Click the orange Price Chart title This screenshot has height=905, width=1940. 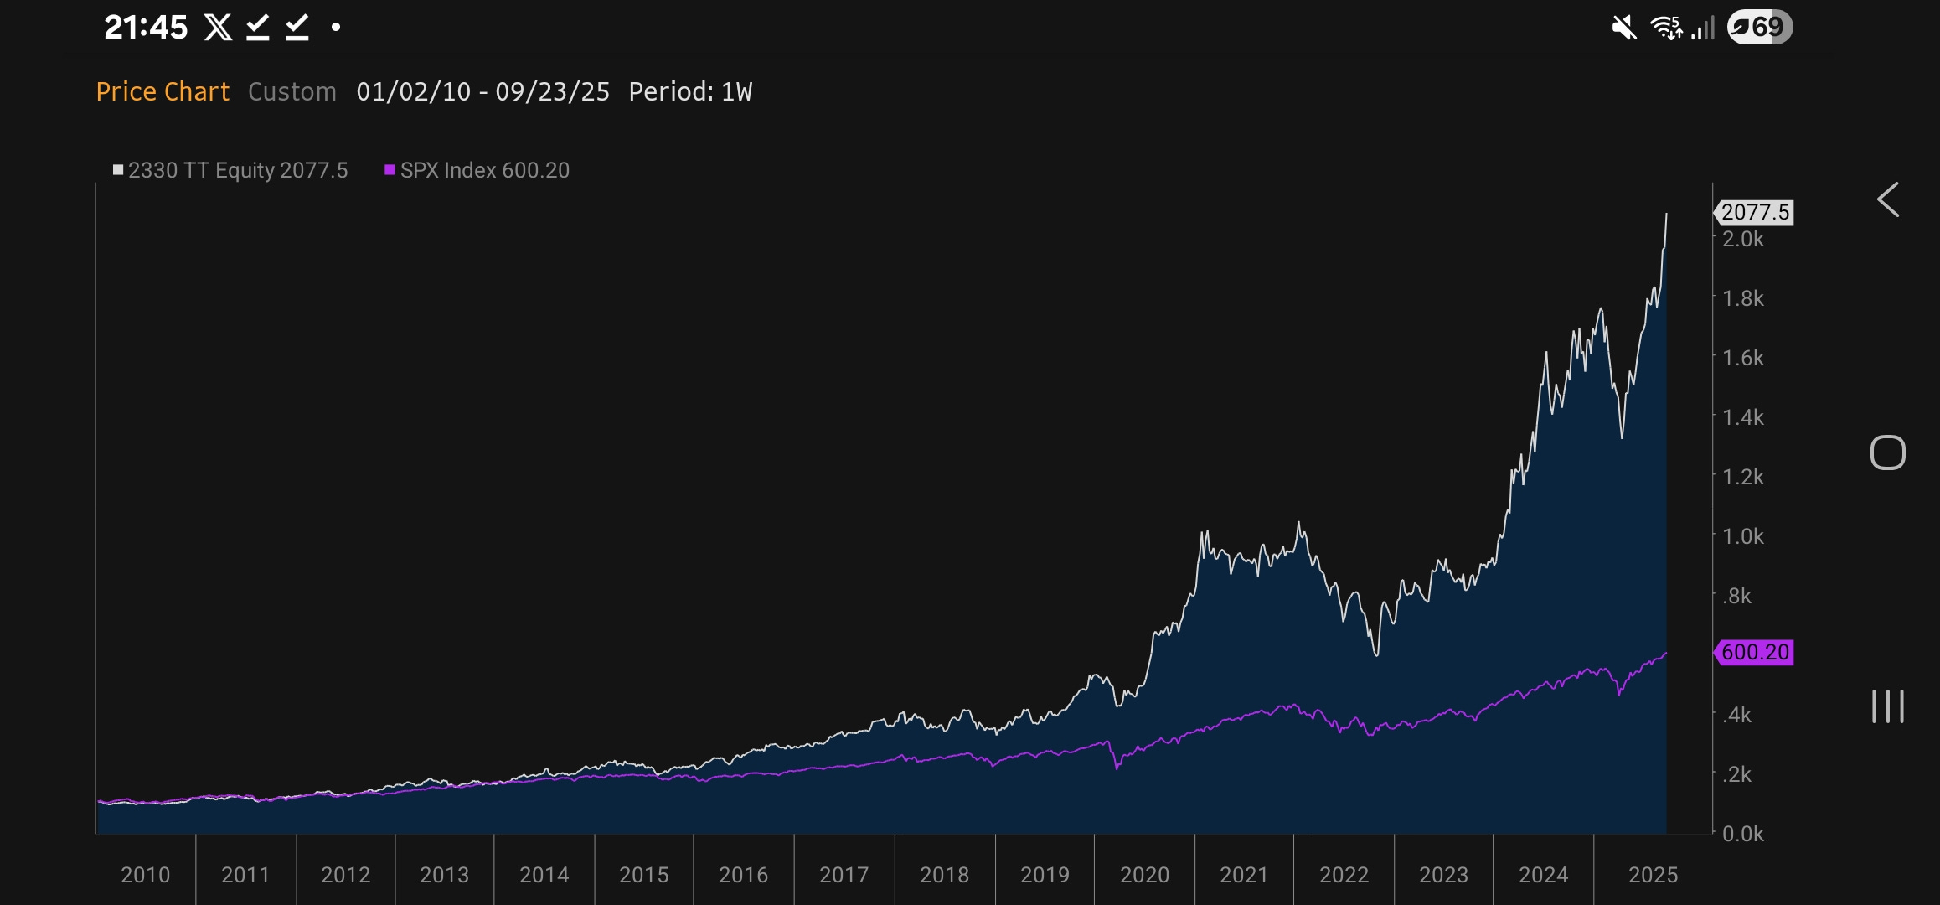click(x=163, y=91)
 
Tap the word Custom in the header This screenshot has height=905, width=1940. click(x=292, y=91)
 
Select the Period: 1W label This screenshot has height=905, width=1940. click(x=690, y=91)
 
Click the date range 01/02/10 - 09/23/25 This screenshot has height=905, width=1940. click(x=482, y=91)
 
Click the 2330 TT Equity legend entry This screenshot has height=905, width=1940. click(x=230, y=170)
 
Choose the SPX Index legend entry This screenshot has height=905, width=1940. click(x=477, y=170)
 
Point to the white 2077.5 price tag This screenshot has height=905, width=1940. click(x=1754, y=212)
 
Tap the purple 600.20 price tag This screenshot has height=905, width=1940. click(x=1754, y=652)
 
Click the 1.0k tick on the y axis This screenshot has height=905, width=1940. click(x=1742, y=536)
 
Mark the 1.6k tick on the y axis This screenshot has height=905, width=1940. click(x=1742, y=358)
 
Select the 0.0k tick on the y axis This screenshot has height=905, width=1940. click(x=1742, y=834)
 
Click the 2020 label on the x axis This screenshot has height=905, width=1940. click(x=1144, y=875)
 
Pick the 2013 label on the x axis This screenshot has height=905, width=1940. click(x=444, y=875)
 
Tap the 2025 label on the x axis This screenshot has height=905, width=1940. click(x=1653, y=875)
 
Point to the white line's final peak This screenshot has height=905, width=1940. click(x=1666, y=215)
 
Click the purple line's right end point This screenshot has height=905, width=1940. click(x=1666, y=653)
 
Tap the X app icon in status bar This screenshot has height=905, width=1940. click(x=218, y=28)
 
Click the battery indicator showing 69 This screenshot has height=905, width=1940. click(x=1759, y=28)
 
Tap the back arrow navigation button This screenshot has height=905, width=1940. click(x=1887, y=199)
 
